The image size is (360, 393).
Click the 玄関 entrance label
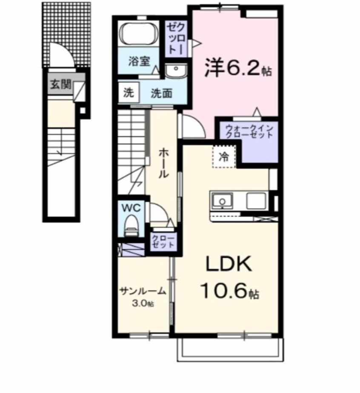click(60, 84)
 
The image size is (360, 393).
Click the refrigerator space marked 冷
click(223, 157)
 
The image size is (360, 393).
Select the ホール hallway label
click(163, 162)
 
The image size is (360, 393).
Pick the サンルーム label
click(142, 291)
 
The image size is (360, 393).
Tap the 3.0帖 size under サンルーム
click(143, 303)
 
